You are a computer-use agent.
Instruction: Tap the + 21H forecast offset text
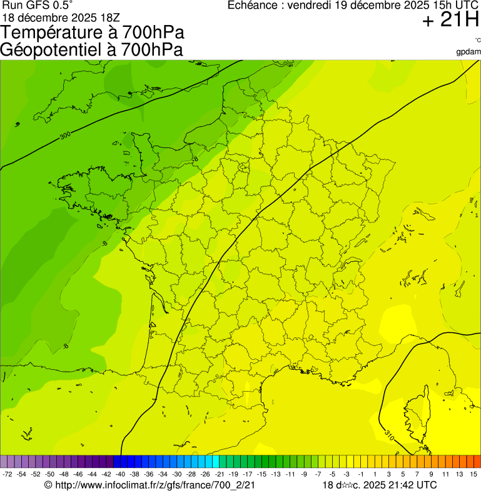pos(450,21)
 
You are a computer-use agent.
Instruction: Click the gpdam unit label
pos(468,52)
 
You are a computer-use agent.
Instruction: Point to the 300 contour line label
pos(65,135)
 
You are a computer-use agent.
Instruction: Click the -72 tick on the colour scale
pos(8,475)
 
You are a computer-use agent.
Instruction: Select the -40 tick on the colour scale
pos(119,475)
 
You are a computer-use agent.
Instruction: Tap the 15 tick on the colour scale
pos(474,475)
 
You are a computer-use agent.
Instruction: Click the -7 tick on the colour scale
pos(318,475)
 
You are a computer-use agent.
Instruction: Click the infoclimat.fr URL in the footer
pos(150,485)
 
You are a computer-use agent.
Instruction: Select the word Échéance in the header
pos(251,6)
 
